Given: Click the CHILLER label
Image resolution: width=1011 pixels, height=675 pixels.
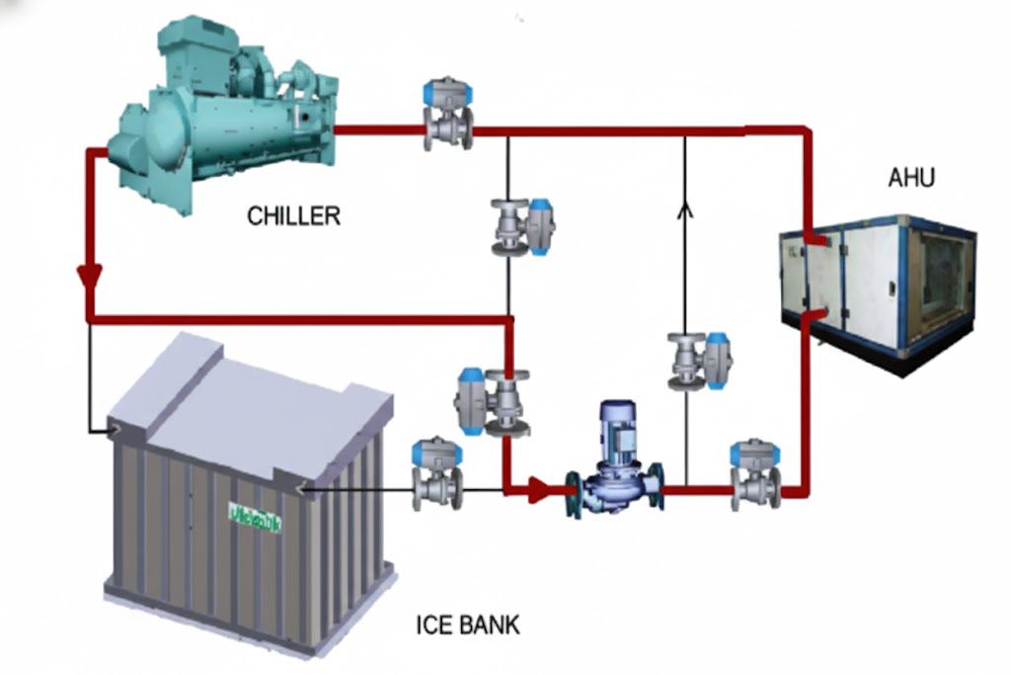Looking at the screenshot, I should [293, 215].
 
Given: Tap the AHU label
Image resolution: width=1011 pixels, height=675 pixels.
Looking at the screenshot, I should [910, 178].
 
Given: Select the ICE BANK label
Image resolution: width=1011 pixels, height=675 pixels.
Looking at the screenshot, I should [467, 625].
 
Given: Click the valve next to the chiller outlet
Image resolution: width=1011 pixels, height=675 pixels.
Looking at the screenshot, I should [447, 115].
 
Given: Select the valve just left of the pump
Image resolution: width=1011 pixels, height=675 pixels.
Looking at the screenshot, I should [494, 400].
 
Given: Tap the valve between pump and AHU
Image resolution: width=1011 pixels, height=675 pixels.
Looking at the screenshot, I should [755, 474].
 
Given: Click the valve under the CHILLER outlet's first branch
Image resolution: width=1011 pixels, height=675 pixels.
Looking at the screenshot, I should [521, 227].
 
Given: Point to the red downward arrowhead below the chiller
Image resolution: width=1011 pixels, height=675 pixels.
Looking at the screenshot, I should [91, 277].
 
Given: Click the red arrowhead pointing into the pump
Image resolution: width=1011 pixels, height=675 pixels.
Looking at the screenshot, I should [539, 489].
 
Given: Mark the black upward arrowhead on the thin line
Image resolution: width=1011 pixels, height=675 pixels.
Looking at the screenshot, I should [684, 208].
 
